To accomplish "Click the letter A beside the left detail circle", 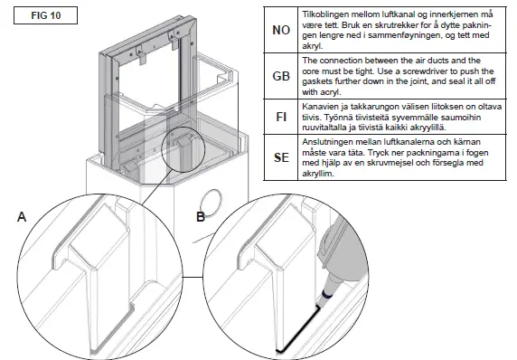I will tap(21, 217).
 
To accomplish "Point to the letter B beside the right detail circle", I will tap(201, 217).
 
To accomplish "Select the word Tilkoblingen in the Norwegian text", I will tap(331, 15).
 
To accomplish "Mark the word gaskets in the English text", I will tap(322, 81).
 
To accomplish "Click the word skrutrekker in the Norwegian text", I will tap(392, 26).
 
